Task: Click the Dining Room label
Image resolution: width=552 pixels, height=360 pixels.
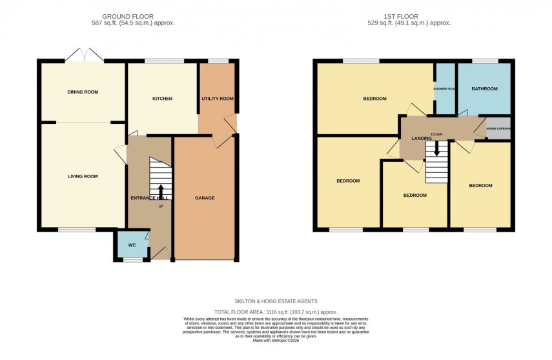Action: click(83, 92)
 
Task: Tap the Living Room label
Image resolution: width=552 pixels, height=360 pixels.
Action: click(83, 176)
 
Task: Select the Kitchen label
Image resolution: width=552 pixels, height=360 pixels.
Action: click(162, 99)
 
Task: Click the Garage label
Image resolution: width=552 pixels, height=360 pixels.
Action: click(205, 198)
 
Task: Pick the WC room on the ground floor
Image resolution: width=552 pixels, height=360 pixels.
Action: click(132, 245)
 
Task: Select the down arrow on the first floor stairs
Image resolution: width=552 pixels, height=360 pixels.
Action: click(436, 148)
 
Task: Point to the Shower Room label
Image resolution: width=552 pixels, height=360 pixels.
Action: click(444, 88)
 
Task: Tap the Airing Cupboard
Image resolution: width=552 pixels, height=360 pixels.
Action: click(498, 128)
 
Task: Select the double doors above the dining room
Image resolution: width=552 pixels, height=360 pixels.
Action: click(85, 56)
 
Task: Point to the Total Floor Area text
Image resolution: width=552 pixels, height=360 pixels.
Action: click(276, 312)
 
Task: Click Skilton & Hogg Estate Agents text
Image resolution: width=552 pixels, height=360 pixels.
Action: click(276, 301)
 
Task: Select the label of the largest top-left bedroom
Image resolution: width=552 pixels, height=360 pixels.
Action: click(374, 99)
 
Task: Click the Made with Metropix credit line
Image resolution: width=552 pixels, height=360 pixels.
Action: click(276, 340)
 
